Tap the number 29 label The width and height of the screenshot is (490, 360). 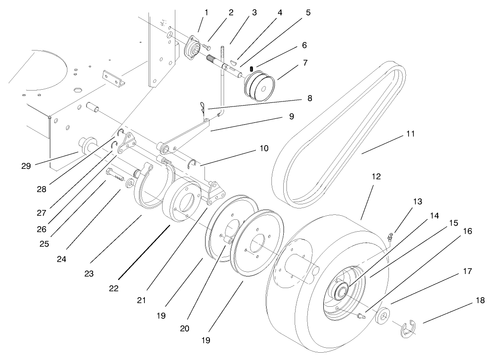[x=26, y=166]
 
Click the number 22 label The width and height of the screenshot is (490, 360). [x=114, y=288]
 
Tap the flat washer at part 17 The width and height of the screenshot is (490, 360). [x=383, y=315]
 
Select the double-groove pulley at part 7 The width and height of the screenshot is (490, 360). [x=260, y=86]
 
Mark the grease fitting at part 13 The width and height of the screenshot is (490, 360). [x=390, y=236]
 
